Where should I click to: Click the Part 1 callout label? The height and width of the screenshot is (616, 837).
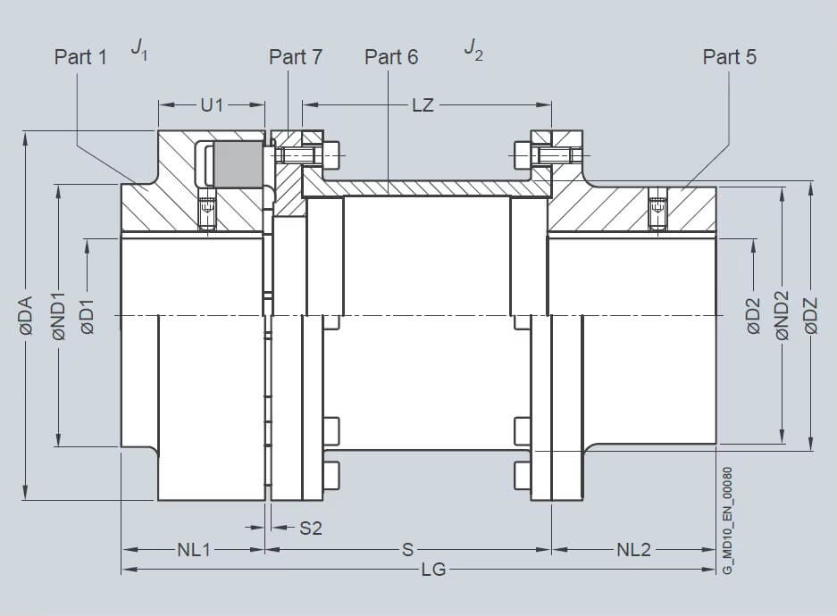(x=80, y=57)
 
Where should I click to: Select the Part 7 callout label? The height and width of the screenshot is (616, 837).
(x=296, y=57)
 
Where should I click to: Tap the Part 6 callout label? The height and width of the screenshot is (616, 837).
(x=391, y=57)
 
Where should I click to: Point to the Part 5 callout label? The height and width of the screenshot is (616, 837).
(x=730, y=57)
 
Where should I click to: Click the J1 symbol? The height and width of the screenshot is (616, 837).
(x=139, y=48)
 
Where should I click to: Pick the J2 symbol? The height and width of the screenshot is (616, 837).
(x=473, y=48)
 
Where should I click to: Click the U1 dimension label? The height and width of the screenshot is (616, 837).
(x=212, y=105)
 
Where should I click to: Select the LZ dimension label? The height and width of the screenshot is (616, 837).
(x=423, y=105)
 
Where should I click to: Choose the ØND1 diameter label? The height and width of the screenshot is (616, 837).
(x=59, y=316)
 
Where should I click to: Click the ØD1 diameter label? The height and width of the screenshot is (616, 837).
(x=88, y=316)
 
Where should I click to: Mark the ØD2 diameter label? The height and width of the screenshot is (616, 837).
(x=753, y=316)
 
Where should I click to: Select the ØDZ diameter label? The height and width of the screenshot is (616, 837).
(x=811, y=316)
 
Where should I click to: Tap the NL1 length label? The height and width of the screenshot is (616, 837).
(x=194, y=550)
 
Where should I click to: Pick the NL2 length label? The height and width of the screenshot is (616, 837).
(x=633, y=550)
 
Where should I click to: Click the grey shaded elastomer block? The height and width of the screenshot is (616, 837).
(x=239, y=164)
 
